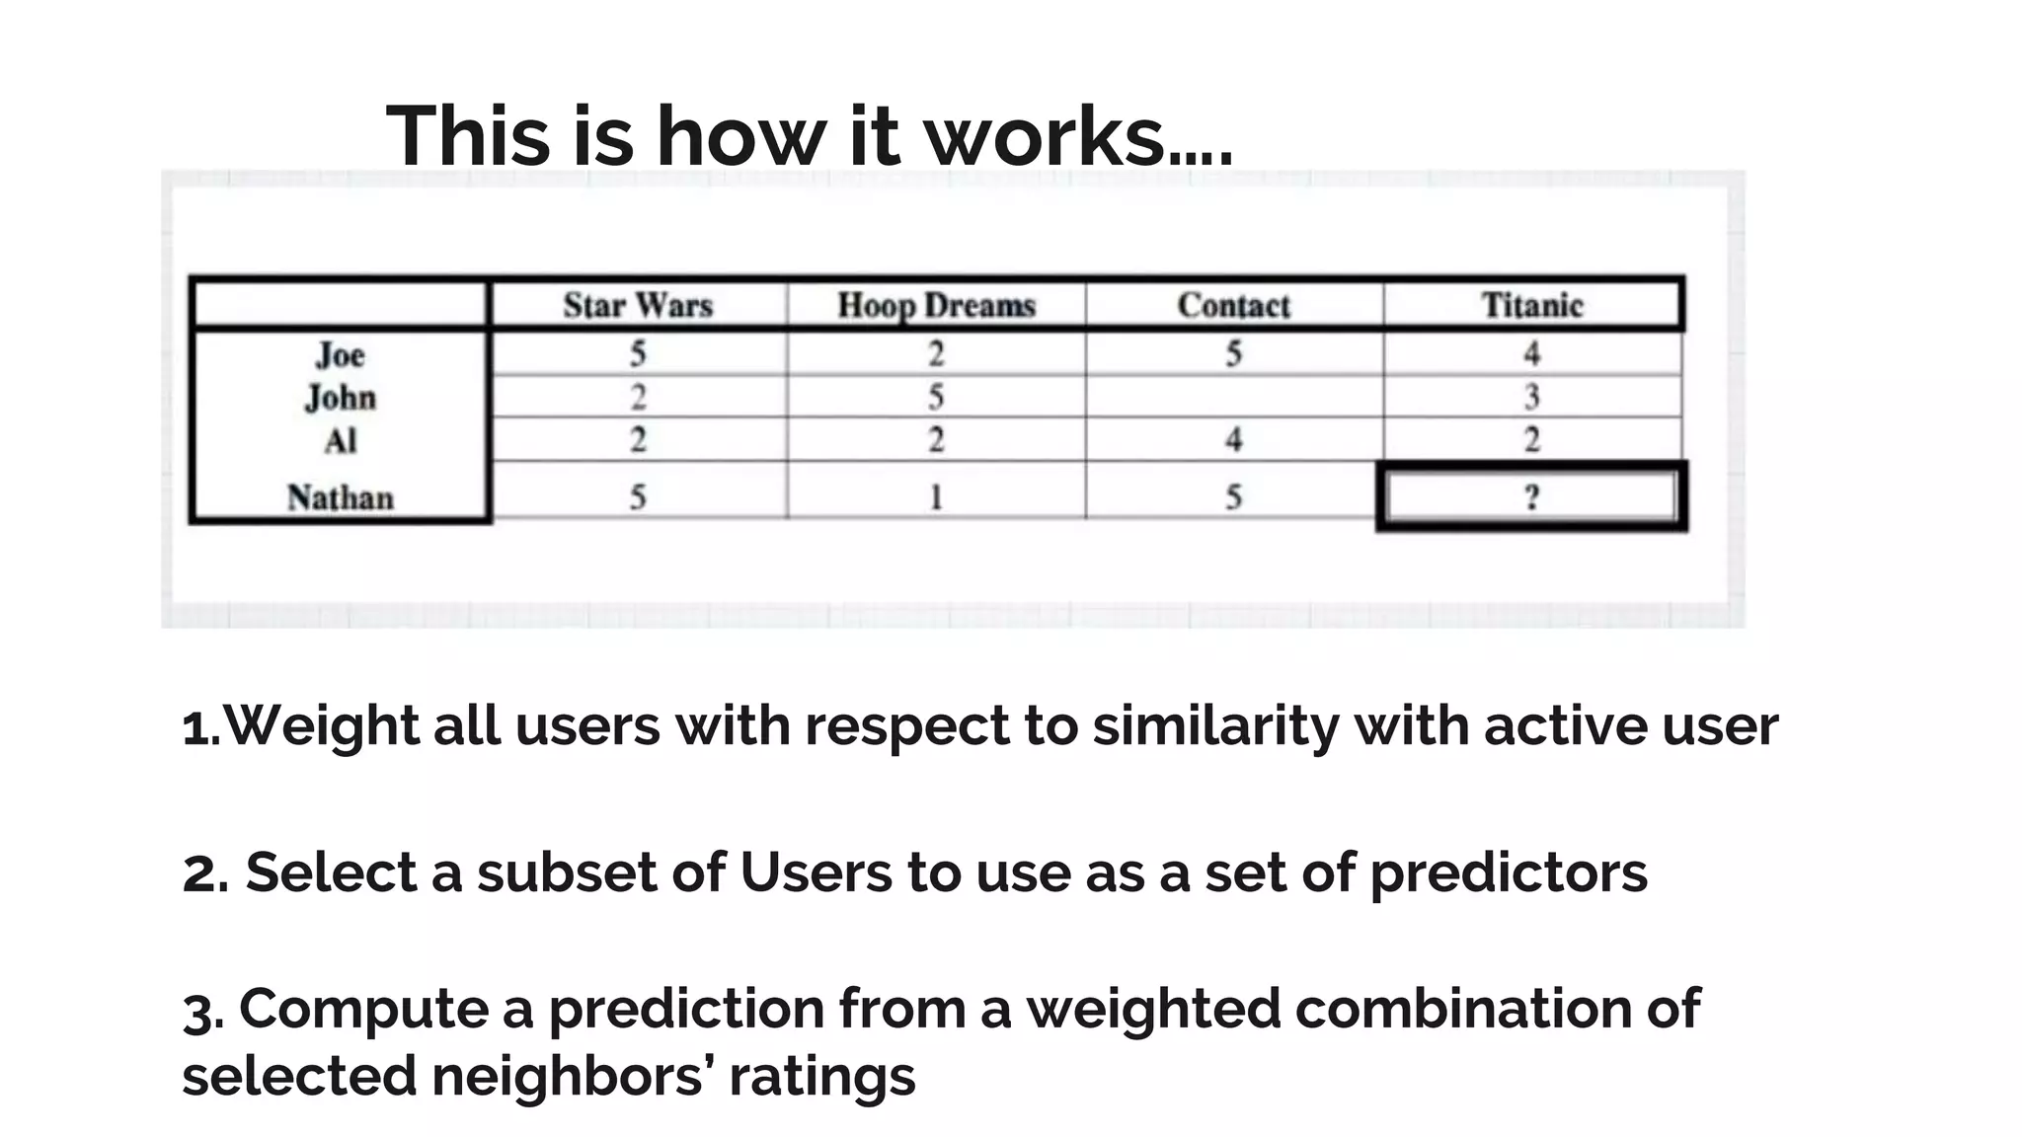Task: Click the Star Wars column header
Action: click(638, 305)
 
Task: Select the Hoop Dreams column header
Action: click(936, 305)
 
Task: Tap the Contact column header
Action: click(1233, 305)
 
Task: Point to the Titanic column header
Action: click(1531, 305)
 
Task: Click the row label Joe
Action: click(341, 355)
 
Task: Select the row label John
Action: click(341, 398)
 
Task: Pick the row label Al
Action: click(341, 440)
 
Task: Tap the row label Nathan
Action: click(341, 496)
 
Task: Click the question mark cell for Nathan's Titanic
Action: click(1531, 495)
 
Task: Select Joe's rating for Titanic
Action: click(1531, 353)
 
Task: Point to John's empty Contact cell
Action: click(1233, 397)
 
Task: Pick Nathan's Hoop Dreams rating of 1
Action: click(936, 495)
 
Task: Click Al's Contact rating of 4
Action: click(1233, 439)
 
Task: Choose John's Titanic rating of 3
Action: click(1531, 397)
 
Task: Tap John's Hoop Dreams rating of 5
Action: click(936, 397)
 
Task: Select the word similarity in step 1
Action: click(1215, 726)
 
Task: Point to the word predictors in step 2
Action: click(1508, 873)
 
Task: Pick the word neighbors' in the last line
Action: click(573, 1075)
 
